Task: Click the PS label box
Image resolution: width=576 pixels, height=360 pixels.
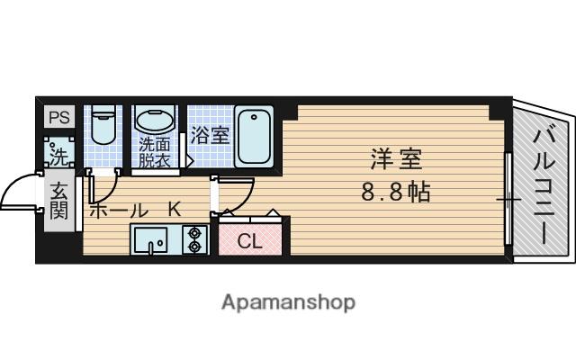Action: (58, 117)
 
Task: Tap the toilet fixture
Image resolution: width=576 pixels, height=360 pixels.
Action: (103, 129)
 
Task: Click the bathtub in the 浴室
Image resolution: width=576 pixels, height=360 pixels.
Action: (256, 136)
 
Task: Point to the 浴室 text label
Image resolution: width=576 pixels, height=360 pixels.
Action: (210, 136)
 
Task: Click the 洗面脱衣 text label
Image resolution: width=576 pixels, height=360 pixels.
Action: (154, 152)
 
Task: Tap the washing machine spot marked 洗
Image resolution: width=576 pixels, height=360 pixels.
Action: (59, 153)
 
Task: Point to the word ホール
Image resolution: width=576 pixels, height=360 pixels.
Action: (118, 210)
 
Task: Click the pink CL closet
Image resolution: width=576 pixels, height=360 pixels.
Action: (250, 240)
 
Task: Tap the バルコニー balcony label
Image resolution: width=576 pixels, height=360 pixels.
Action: (543, 185)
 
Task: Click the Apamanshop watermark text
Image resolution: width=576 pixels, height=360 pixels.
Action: (288, 301)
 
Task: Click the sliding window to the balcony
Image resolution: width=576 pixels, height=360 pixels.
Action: (509, 198)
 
